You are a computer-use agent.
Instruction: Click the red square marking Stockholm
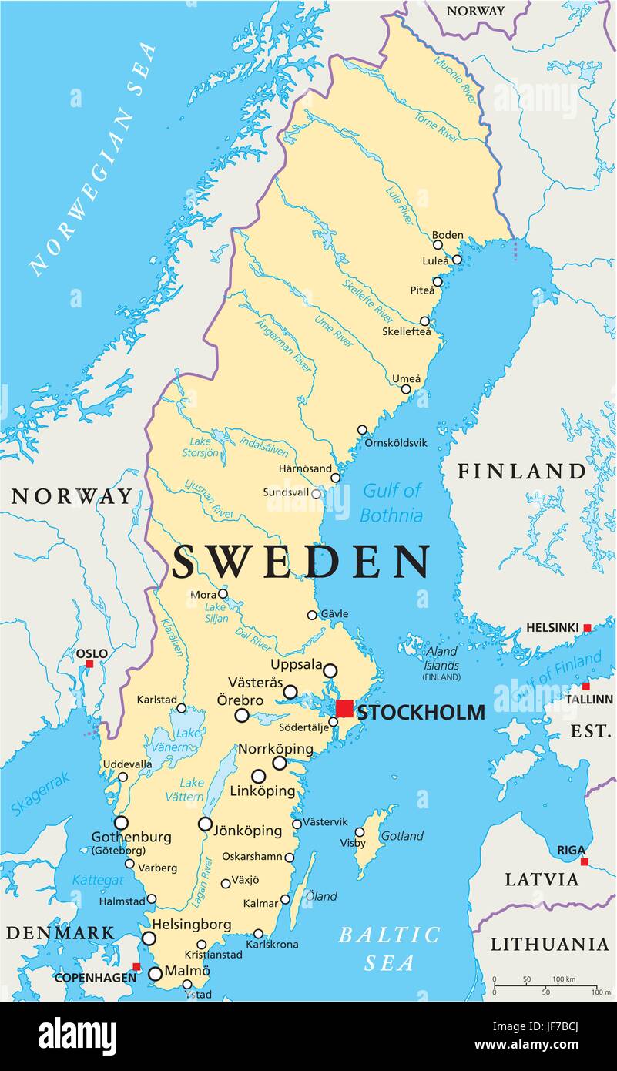pyautogui.click(x=345, y=709)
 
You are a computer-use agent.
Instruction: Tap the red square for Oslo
pyautogui.click(x=89, y=663)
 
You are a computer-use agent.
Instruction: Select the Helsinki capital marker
pyautogui.click(x=587, y=628)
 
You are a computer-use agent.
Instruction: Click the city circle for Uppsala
pyautogui.click(x=330, y=670)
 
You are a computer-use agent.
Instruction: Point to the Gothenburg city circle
pyautogui.click(x=121, y=822)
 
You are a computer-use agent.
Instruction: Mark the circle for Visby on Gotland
pyautogui.click(x=360, y=831)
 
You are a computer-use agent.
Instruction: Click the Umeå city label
pyautogui.click(x=407, y=378)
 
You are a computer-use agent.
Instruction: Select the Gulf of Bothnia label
pyautogui.click(x=392, y=502)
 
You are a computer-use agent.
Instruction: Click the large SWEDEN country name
pyautogui.click(x=301, y=562)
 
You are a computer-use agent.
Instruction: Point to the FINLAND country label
pyautogui.click(x=521, y=471)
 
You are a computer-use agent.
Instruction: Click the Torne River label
pyautogui.click(x=437, y=127)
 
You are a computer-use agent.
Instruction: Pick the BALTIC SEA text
pyautogui.click(x=390, y=948)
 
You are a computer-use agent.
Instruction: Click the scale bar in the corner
pyautogui.click(x=545, y=986)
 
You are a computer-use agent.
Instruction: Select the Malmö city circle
pyautogui.click(x=155, y=974)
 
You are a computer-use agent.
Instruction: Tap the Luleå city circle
pyautogui.click(x=457, y=260)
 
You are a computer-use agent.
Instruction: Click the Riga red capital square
pyautogui.click(x=585, y=861)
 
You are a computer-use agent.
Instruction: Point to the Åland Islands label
pyautogui.click(x=441, y=660)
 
